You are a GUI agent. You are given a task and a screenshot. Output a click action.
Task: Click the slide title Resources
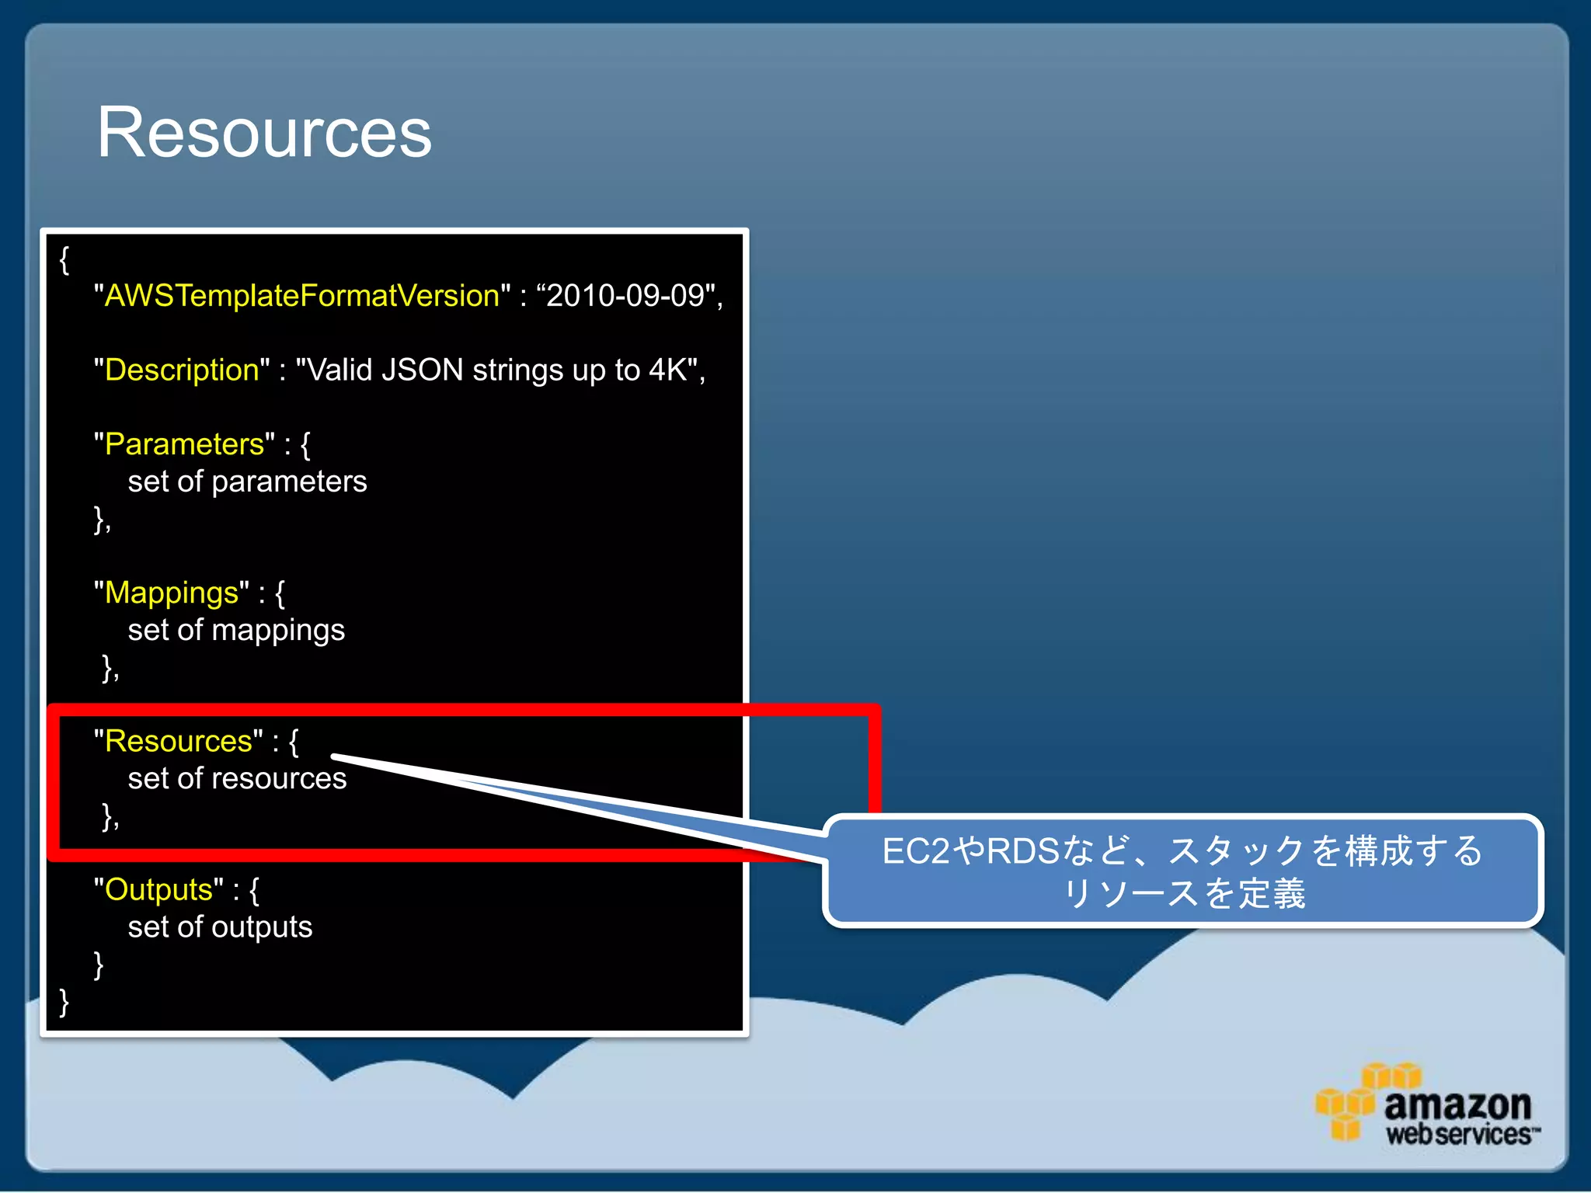pos(264,134)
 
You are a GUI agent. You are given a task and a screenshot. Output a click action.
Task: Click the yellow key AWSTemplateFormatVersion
pos(301,296)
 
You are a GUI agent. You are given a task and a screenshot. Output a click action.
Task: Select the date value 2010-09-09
pos(625,296)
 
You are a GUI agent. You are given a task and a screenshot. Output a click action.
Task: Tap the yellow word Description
pos(182,370)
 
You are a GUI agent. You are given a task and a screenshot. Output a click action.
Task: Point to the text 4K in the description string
pos(667,370)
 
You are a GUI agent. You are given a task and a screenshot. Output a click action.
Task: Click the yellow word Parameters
pos(184,444)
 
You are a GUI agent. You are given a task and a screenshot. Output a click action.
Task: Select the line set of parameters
pos(247,482)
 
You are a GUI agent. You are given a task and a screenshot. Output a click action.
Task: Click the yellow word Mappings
pos(172,593)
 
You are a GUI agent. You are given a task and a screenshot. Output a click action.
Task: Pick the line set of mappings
pos(236,630)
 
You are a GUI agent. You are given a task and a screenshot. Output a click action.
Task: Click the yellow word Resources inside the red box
pos(178,741)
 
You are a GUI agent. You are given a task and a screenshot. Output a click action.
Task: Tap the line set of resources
pos(237,778)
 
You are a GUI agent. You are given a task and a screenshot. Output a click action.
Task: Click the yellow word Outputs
pos(158,890)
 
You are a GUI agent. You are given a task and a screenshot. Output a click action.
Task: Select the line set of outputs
pos(220,927)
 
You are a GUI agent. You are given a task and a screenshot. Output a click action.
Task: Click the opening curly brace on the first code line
pos(64,260)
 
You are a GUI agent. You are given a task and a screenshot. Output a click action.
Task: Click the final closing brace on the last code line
pos(64,1002)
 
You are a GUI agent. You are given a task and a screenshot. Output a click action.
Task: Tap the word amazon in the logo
pos(1457,1104)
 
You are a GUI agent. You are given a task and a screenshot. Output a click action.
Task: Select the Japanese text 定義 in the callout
pos(1272,893)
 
